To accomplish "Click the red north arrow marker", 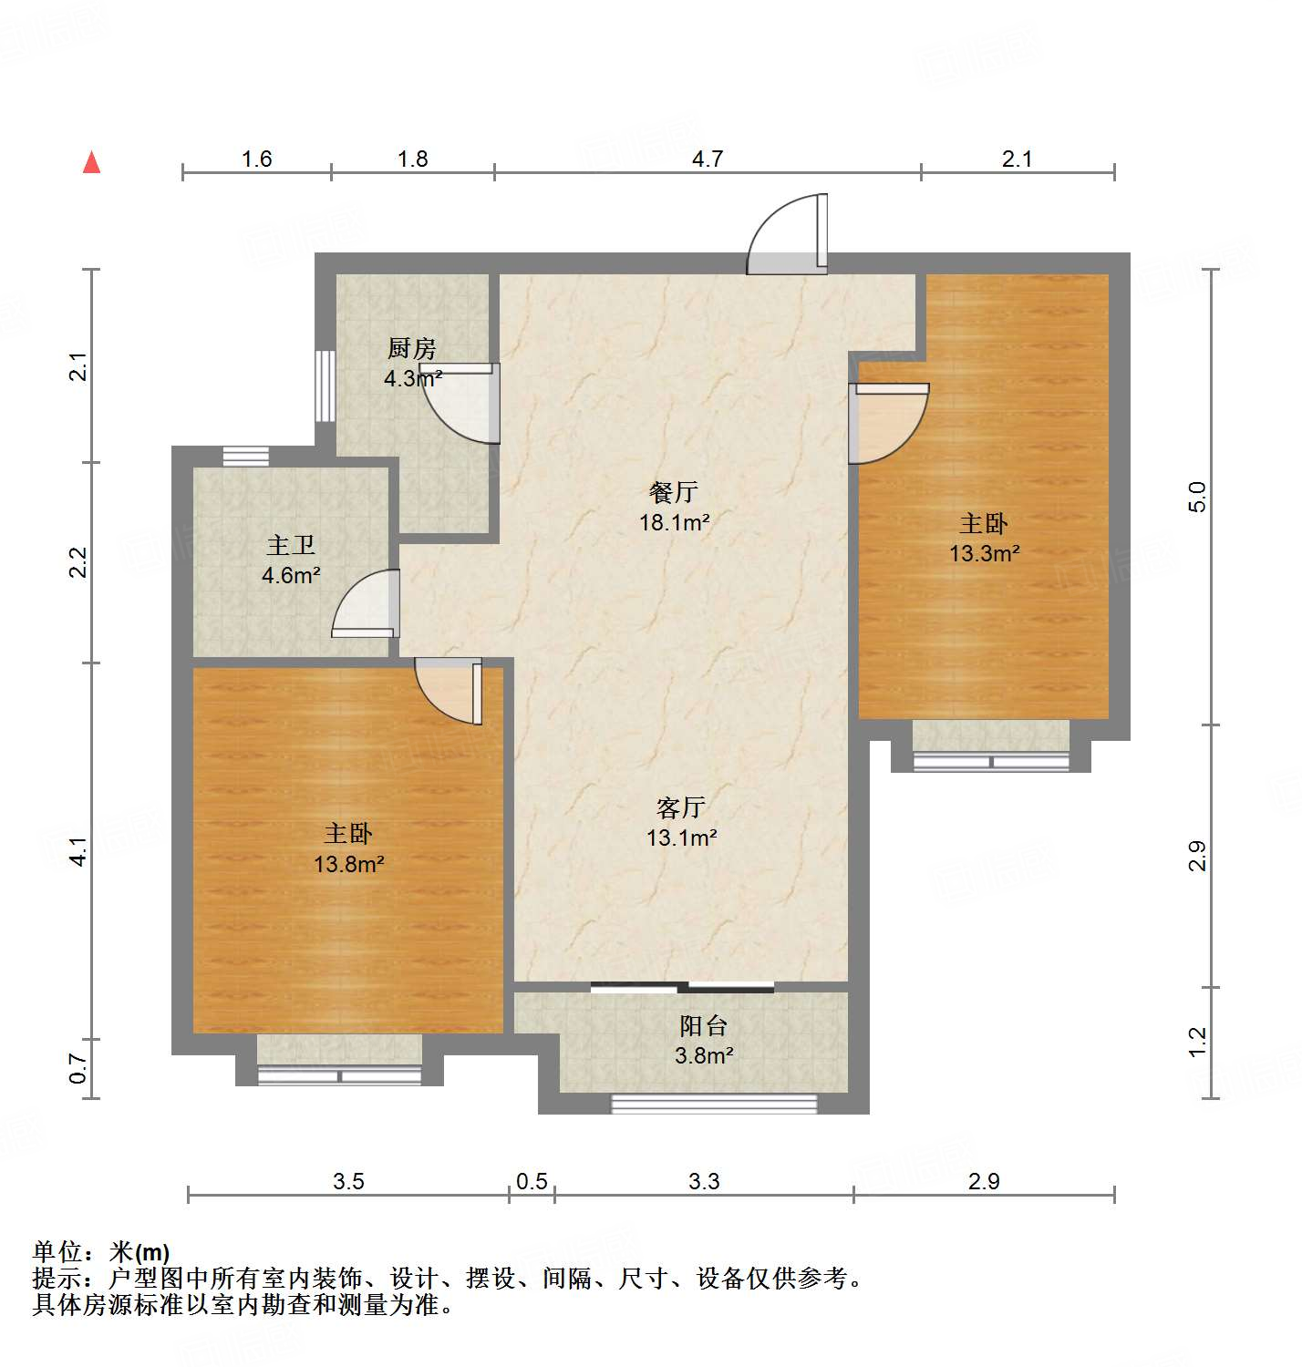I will pos(91,162).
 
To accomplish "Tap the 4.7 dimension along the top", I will pos(707,159).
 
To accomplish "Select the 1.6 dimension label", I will pos(256,159).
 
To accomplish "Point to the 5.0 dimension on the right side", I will pos(1196,497).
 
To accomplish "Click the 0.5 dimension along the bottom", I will pos(532,1181).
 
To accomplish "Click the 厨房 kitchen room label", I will pos(412,348).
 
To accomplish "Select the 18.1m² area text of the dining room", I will pos(674,522).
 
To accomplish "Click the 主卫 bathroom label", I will pos(291,545).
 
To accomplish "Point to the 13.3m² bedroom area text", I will pos(984,552).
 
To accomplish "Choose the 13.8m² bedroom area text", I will pos(348,863).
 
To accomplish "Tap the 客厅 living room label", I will pos(681,807).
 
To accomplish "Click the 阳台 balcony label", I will pos(703,1026).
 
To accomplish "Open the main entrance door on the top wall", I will pos(789,237).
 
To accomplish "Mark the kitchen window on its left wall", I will pos(324,385).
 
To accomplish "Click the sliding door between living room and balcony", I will pos(682,986).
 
